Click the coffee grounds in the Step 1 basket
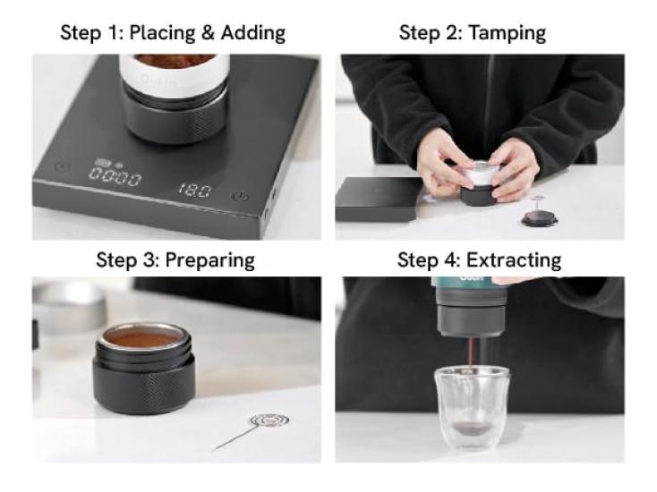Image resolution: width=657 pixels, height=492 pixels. (x=175, y=61)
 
